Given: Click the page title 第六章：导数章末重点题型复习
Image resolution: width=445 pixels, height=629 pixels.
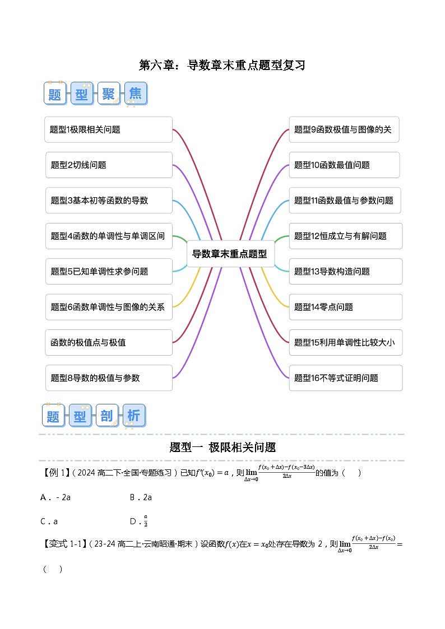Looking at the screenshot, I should click(222, 65).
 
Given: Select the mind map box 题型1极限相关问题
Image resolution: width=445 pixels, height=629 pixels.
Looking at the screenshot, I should click(108, 129).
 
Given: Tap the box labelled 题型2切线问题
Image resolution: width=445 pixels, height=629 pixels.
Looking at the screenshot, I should click(108, 165).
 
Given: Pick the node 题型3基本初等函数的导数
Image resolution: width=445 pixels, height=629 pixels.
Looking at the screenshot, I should click(108, 201).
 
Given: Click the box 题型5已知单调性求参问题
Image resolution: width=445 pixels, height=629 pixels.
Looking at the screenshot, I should click(108, 272).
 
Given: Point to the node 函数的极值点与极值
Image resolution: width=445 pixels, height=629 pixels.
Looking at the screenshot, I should click(108, 342).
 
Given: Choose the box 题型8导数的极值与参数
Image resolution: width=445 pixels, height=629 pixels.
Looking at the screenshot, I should click(108, 378).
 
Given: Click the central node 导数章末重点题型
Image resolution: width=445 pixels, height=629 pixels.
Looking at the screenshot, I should click(229, 254).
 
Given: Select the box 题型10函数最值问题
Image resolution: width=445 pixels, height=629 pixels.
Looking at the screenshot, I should click(344, 165).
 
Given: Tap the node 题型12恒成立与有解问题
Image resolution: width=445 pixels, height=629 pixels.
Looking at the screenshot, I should click(345, 236).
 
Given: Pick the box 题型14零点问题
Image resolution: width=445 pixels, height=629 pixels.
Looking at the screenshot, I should click(345, 307).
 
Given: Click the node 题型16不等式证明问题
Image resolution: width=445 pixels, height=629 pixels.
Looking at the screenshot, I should click(345, 378).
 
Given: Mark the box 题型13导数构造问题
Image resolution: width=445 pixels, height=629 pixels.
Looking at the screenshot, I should click(345, 272).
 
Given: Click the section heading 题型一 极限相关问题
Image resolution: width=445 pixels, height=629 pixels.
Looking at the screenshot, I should click(222, 448).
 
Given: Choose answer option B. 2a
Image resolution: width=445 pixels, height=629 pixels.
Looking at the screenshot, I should click(141, 497).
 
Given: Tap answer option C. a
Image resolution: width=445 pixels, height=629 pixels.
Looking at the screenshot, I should click(49, 521).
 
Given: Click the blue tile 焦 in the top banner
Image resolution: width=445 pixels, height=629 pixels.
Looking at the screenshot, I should click(135, 94).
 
